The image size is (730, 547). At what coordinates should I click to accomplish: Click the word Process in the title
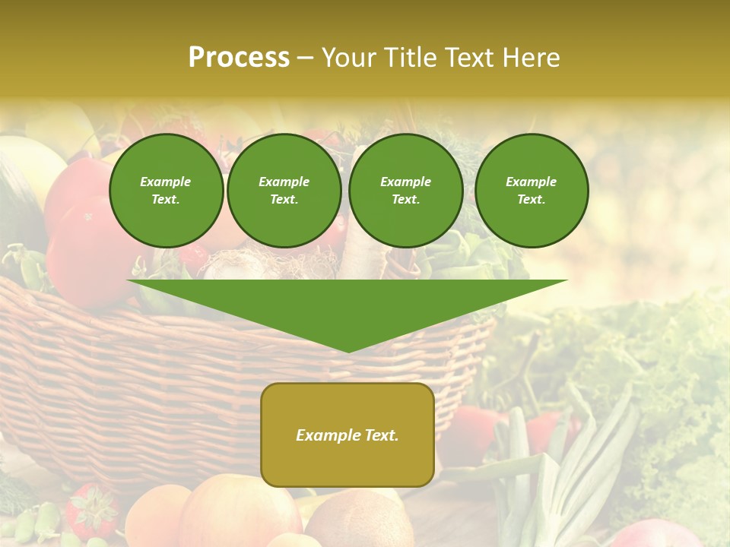[x=239, y=58]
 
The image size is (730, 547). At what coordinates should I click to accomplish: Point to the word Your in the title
[x=349, y=58]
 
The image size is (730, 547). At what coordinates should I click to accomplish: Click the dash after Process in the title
[x=305, y=58]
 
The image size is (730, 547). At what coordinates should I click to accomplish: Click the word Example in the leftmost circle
[x=166, y=182]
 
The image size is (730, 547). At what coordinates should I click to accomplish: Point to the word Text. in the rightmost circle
[x=531, y=199]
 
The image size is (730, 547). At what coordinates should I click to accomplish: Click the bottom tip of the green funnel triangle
[x=348, y=350]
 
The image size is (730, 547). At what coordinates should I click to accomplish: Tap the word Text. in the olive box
[x=380, y=435]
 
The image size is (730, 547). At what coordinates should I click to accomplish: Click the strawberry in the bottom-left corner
[x=91, y=509]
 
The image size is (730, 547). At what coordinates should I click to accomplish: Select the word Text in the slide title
[x=474, y=58]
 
